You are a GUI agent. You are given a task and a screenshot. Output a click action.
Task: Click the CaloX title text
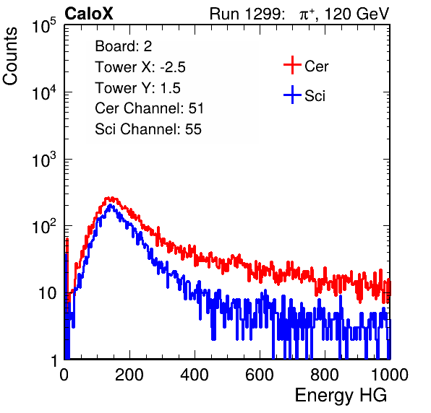point(89,14)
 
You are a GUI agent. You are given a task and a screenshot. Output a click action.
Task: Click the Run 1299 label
point(247,14)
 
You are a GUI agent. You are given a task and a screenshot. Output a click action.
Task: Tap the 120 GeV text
point(357,14)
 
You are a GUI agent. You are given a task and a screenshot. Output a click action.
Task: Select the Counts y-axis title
point(10,56)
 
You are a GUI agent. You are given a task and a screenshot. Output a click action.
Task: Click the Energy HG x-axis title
point(341,396)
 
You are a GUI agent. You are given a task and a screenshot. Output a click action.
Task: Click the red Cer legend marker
point(292,65)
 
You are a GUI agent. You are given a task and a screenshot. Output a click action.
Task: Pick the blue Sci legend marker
point(292,95)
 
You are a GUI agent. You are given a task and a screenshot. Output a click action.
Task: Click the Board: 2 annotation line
point(124,46)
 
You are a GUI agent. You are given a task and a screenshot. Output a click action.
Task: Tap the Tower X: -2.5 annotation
point(140,67)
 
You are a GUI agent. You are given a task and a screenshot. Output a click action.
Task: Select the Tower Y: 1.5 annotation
point(137,88)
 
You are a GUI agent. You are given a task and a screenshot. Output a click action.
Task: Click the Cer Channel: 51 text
point(149,108)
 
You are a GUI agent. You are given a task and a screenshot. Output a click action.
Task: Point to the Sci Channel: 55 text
point(148,129)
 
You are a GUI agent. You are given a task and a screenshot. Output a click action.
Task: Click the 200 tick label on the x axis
point(129,374)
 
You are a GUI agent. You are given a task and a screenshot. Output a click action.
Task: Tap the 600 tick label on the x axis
point(260,374)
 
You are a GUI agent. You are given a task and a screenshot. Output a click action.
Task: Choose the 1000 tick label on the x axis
point(390,374)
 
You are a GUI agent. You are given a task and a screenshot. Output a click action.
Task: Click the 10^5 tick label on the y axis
point(44,26)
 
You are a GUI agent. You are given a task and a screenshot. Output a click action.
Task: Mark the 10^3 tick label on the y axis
point(44,160)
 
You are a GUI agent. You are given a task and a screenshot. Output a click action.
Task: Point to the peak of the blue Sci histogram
point(110,205)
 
